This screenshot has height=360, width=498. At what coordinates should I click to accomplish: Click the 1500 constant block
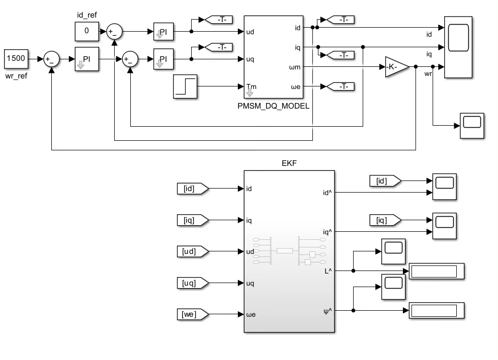pos(16,59)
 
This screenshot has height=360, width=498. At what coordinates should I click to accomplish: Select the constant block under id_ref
pos(87,32)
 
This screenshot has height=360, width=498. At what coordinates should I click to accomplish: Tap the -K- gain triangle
pos(397,67)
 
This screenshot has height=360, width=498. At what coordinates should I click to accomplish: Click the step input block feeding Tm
pos(185,86)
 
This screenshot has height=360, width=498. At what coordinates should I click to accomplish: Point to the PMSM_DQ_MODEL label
pos(274,106)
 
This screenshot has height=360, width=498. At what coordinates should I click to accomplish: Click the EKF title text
pos(289,163)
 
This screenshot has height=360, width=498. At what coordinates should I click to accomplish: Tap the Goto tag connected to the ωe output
pos(340,86)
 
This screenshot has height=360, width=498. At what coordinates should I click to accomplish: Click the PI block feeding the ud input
pos(163,32)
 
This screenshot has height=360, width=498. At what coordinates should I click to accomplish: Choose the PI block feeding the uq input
pos(163,59)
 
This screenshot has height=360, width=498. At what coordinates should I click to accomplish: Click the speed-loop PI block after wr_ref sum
pos(87,59)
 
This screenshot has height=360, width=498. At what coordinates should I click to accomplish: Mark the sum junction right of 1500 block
pos(51,59)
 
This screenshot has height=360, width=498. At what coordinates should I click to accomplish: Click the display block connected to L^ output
pos(437,271)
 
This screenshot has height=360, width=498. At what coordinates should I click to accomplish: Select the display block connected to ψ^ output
pos(437,311)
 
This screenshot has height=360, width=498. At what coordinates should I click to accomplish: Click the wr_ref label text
pos(16,76)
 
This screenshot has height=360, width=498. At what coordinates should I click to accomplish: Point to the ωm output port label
pos(295,67)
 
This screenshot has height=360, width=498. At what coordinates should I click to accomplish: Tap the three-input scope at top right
pos(458,47)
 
